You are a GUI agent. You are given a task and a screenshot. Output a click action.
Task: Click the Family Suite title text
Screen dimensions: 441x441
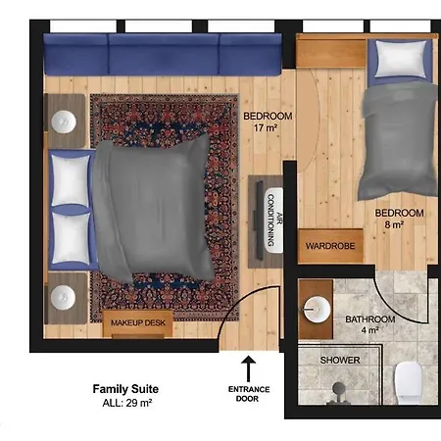(125, 389)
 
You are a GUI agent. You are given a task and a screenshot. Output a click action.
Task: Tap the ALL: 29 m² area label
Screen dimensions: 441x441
(127, 403)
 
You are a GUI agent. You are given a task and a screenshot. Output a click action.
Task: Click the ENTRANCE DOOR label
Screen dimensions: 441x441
(249, 394)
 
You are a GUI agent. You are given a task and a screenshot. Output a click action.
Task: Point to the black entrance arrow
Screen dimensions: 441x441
(249, 368)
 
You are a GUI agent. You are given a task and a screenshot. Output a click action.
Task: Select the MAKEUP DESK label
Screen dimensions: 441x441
(138, 322)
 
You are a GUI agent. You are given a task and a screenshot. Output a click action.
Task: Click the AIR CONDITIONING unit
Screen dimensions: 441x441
(273, 220)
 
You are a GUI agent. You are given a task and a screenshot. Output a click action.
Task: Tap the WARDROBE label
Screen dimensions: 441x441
(330, 246)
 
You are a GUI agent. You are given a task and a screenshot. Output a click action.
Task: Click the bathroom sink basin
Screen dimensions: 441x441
(317, 309)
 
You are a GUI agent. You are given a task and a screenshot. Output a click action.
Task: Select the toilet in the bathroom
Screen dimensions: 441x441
(409, 383)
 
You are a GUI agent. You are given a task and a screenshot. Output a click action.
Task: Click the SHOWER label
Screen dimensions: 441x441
(340, 360)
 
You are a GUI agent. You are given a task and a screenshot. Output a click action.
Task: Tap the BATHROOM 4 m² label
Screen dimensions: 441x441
(370, 324)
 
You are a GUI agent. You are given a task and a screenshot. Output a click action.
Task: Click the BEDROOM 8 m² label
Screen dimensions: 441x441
(399, 219)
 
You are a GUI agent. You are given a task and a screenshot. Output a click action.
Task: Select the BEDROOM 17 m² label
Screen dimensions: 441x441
(268, 122)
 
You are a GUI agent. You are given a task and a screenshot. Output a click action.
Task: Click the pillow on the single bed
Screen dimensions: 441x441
(401, 59)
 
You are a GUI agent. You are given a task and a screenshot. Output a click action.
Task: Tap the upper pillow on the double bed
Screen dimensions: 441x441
(71, 180)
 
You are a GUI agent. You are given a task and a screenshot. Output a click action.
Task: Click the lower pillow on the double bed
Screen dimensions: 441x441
(71, 238)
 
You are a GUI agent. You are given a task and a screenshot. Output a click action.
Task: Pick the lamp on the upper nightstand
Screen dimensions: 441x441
(64, 122)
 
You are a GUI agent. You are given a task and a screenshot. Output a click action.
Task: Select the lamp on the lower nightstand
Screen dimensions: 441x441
(63, 297)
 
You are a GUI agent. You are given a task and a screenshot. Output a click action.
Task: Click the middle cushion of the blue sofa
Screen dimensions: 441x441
(164, 55)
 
